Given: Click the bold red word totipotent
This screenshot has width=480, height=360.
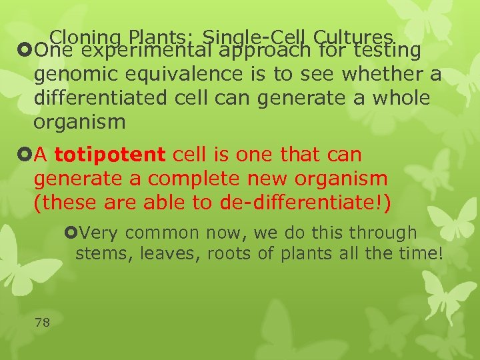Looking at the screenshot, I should pos(110,155).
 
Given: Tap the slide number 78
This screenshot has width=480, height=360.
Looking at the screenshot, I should pos(42,323).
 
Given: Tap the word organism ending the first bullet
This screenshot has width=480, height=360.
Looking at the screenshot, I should pos(79,123).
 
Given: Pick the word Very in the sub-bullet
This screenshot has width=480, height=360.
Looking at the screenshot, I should pos(100,233).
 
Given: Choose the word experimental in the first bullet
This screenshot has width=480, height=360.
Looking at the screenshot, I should pos(152,50).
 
